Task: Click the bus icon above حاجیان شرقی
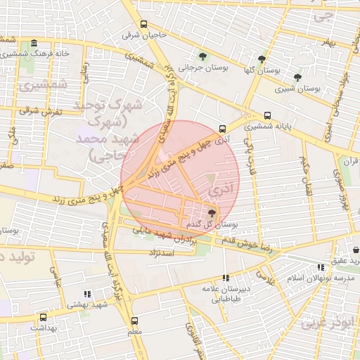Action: click(143, 24)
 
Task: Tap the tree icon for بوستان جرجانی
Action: click(203, 56)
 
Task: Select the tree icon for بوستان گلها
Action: click(262, 59)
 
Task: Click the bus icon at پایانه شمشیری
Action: click(267, 116)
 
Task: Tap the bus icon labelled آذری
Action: click(223, 129)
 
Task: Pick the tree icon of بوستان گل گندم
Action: click(212, 213)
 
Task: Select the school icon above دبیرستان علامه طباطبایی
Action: click(226, 278)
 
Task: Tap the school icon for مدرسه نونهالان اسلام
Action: click(321, 267)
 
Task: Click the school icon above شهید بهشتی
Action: click(86, 294)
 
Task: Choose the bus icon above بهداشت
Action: click(44, 317)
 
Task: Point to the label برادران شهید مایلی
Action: click(167, 233)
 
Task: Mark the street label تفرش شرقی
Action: click(40, 111)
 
